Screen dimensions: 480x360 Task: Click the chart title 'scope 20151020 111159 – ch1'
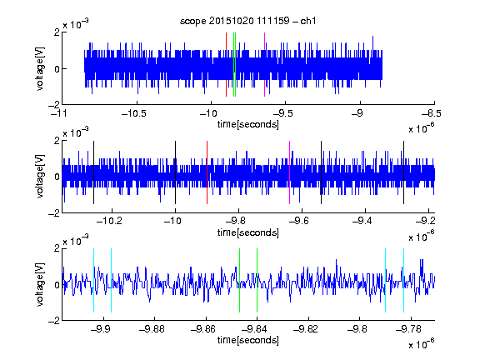pyautogui.click(x=247, y=21)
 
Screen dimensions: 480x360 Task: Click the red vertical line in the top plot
pyautogui.click(x=226, y=65)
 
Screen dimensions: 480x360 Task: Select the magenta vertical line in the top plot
pyautogui.click(x=264, y=65)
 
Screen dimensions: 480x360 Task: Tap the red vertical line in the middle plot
pyautogui.click(x=207, y=172)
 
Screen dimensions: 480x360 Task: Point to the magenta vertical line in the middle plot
pyautogui.click(x=290, y=172)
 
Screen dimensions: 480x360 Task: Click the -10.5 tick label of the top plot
pyautogui.click(x=134, y=113)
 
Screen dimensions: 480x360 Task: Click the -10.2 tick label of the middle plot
pyautogui.click(x=109, y=221)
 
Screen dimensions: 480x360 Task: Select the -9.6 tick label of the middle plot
pyautogui.click(x=299, y=221)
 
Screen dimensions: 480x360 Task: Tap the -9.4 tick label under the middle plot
pyautogui.click(x=362, y=221)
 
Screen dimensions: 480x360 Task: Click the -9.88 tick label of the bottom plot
pyautogui.click(x=152, y=329)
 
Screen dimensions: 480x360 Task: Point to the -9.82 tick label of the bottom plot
pyautogui.click(x=306, y=329)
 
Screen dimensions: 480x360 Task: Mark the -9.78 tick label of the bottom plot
pyautogui.click(x=408, y=329)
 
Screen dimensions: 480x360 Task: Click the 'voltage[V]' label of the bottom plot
pyautogui.click(x=40, y=284)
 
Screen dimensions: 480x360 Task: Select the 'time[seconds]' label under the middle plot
pyautogui.click(x=248, y=232)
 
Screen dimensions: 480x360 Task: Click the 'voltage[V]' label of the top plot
pyautogui.click(x=40, y=68)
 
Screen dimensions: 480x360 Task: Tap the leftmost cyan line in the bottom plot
pyautogui.click(x=93, y=280)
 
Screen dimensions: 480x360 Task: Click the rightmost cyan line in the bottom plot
pyautogui.click(x=404, y=280)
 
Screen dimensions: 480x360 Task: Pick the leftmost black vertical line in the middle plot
pyautogui.click(x=93, y=172)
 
